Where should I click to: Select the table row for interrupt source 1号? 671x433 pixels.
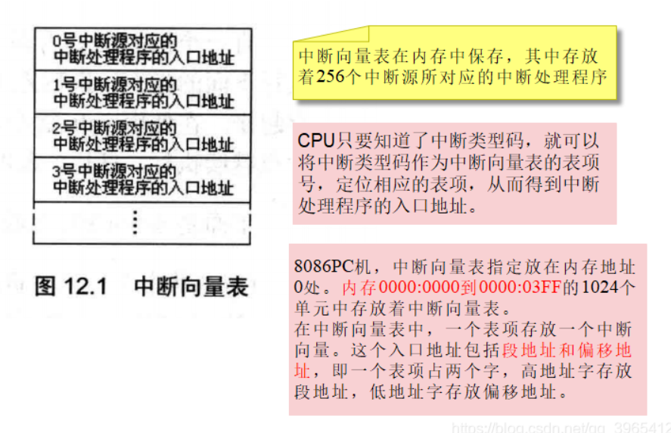click(x=142, y=92)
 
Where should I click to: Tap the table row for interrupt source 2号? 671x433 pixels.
click(x=142, y=136)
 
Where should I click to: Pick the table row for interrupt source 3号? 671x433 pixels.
click(x=142, y=179)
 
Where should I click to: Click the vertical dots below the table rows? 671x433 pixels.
click(x=135, y=223)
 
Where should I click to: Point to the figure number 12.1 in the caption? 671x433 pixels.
click(x=92, y=287)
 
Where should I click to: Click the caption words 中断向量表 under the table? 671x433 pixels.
click(x=191, y=287)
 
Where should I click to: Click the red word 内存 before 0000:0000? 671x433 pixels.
click(x=356, y=288)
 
